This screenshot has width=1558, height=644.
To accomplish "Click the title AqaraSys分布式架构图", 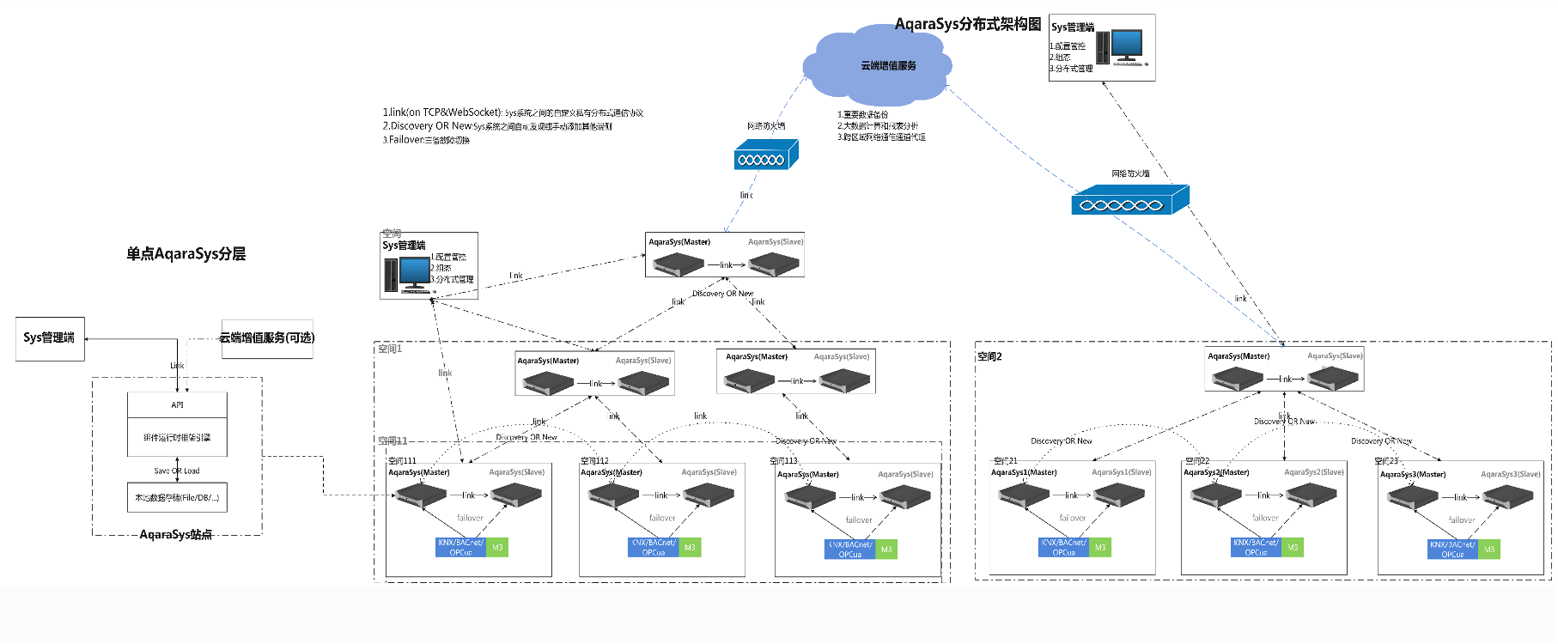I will (968, 24).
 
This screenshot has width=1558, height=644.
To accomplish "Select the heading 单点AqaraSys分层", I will (186, 253).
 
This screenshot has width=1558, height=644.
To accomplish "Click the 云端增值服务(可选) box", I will (267, 337).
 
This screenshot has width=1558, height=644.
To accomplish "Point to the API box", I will (177, 404).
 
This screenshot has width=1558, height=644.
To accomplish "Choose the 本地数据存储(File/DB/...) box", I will (177, 497).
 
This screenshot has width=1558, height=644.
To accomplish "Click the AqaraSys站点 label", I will (176, 534).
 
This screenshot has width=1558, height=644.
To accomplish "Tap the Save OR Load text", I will (177, 471).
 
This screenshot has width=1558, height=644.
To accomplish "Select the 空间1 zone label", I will (390, 349).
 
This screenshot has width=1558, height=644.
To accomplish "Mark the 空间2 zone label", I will (989, 356).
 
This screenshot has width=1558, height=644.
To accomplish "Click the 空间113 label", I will (783, 461).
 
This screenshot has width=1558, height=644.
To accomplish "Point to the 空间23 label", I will (1386, 461).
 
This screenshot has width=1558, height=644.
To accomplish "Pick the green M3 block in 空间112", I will (690, 548).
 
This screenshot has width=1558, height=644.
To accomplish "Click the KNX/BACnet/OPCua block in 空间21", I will (1063, 548).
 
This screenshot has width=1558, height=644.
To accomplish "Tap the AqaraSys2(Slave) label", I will (1312, 471).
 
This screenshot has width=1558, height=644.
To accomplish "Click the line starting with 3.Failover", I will (426, 140).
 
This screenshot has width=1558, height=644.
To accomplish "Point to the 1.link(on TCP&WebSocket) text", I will (442, 112).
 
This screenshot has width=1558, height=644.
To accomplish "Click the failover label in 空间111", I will (470, 518).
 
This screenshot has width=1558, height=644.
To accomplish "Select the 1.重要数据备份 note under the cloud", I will (863, 114).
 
